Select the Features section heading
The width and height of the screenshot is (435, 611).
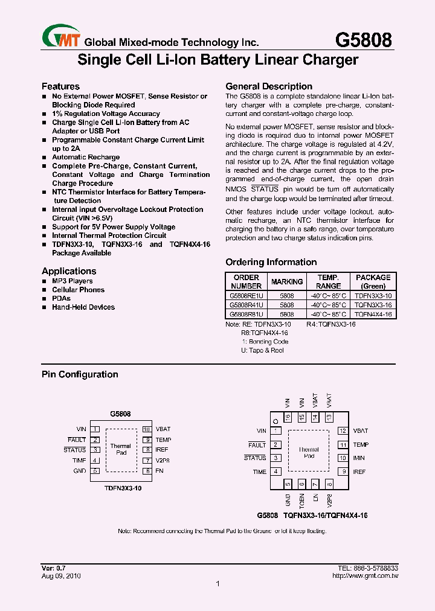pos(60,86)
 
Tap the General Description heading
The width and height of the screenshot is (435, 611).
pos(269,86)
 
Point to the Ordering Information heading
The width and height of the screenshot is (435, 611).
pos(271,262)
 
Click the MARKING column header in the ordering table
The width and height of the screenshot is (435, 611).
pos(287,281)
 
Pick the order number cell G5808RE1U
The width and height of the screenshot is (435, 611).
pos(246,296)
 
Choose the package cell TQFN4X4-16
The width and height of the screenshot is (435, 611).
pos(373,315)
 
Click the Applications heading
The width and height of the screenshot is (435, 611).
pos(69,271)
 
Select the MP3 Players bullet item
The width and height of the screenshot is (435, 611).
pos(72,281)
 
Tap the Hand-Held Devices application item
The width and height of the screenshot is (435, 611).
pos(83,307)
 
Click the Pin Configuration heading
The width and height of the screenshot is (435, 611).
pos(80,374)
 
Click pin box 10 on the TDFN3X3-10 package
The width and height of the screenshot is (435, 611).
pos(146,429)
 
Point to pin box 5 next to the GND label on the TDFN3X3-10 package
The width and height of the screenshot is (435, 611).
pos(95,470)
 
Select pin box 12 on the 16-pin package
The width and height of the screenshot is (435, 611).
pos(343,431)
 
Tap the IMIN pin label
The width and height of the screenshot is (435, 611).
pos(359,458)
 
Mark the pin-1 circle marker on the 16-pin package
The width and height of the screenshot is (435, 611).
pos(275,420)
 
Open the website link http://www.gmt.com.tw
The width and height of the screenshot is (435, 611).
pos(365,576)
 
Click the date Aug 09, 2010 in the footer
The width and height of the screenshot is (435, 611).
pos(61,576)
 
